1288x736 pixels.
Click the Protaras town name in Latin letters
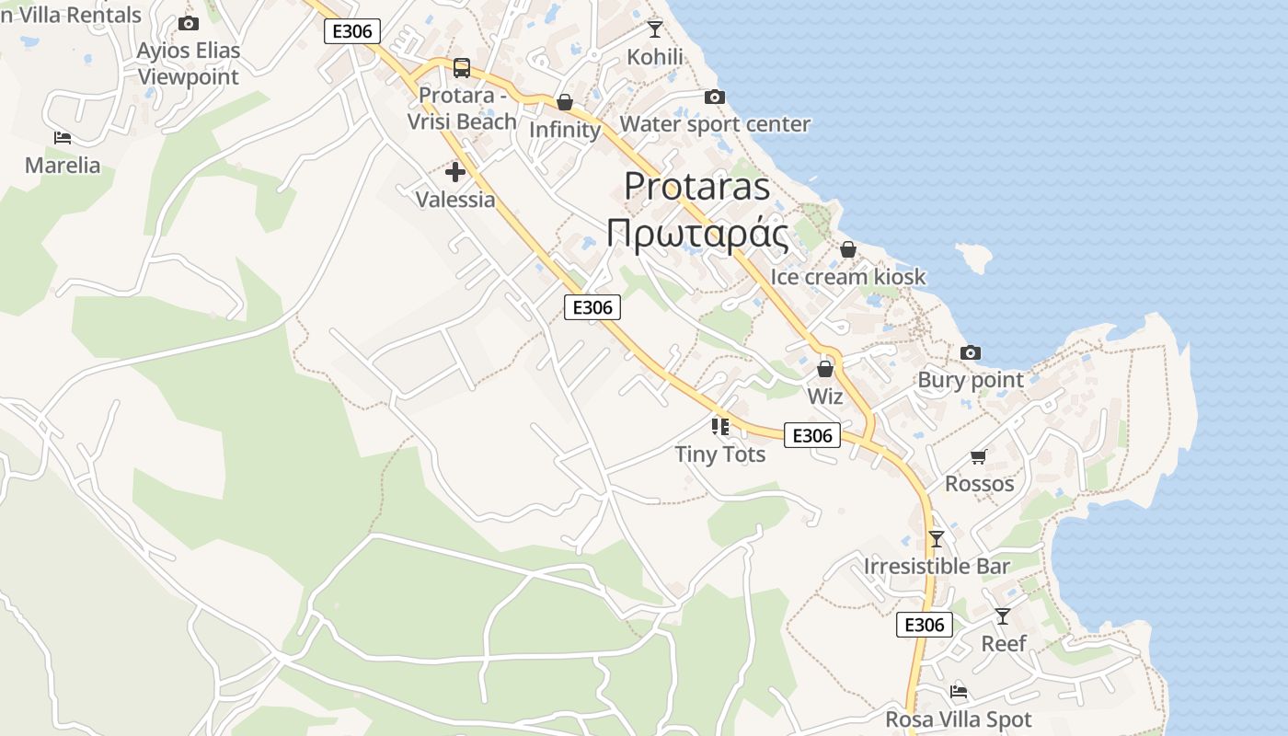696,186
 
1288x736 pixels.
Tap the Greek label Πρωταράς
696,235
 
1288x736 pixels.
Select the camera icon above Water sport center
714,97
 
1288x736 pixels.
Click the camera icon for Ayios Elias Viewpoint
189,23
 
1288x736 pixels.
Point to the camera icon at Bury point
970,352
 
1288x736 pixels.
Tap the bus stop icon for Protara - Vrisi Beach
462,68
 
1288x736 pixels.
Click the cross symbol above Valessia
454,172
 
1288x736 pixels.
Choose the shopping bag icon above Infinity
565,102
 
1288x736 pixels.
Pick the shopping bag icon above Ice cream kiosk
847,249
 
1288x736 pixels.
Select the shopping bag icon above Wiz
825,369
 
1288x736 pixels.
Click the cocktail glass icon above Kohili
654,29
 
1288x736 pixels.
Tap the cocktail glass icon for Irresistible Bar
937,538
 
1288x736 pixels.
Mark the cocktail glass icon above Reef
1002,615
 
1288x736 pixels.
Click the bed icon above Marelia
63,138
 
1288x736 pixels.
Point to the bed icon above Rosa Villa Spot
959,692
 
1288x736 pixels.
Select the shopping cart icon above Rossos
978,456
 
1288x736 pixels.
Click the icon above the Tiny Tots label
719,426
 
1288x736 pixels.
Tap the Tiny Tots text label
719,454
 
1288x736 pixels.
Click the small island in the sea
974,257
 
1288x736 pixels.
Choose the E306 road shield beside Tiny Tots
811,435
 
